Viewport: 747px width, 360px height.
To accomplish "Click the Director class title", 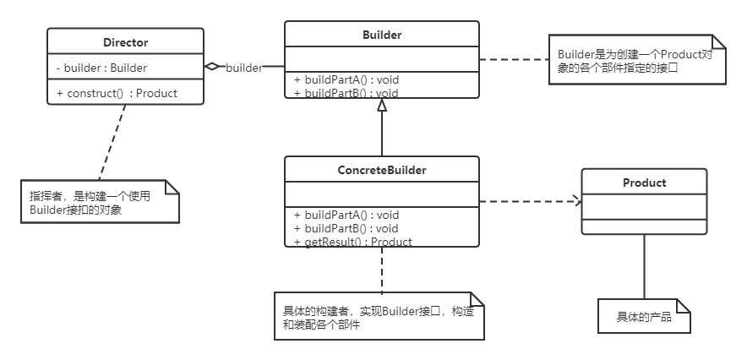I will tap(125, 41).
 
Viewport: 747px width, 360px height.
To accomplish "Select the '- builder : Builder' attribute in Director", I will tap(101, 68).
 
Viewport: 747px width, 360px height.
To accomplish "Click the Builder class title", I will tap(381, 35).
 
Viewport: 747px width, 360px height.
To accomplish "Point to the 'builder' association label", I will tap(243, 67).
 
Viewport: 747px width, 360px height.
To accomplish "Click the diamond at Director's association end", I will tap(213, 66).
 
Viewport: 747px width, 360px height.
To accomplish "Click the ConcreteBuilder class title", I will tap(381, 170).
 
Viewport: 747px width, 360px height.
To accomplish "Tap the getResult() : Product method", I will tap(353, 242).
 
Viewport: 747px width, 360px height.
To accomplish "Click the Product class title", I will tap(644, 183).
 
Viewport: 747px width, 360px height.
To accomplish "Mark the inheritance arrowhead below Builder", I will tap(382, 105).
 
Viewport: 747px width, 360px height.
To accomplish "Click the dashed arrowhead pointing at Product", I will tap(577, 201).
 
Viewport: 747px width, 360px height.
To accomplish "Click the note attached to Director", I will tap(99, 202).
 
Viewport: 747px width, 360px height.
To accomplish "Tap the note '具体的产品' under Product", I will tap(644, 316).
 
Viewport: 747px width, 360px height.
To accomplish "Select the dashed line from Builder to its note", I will tap(514, 59).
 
